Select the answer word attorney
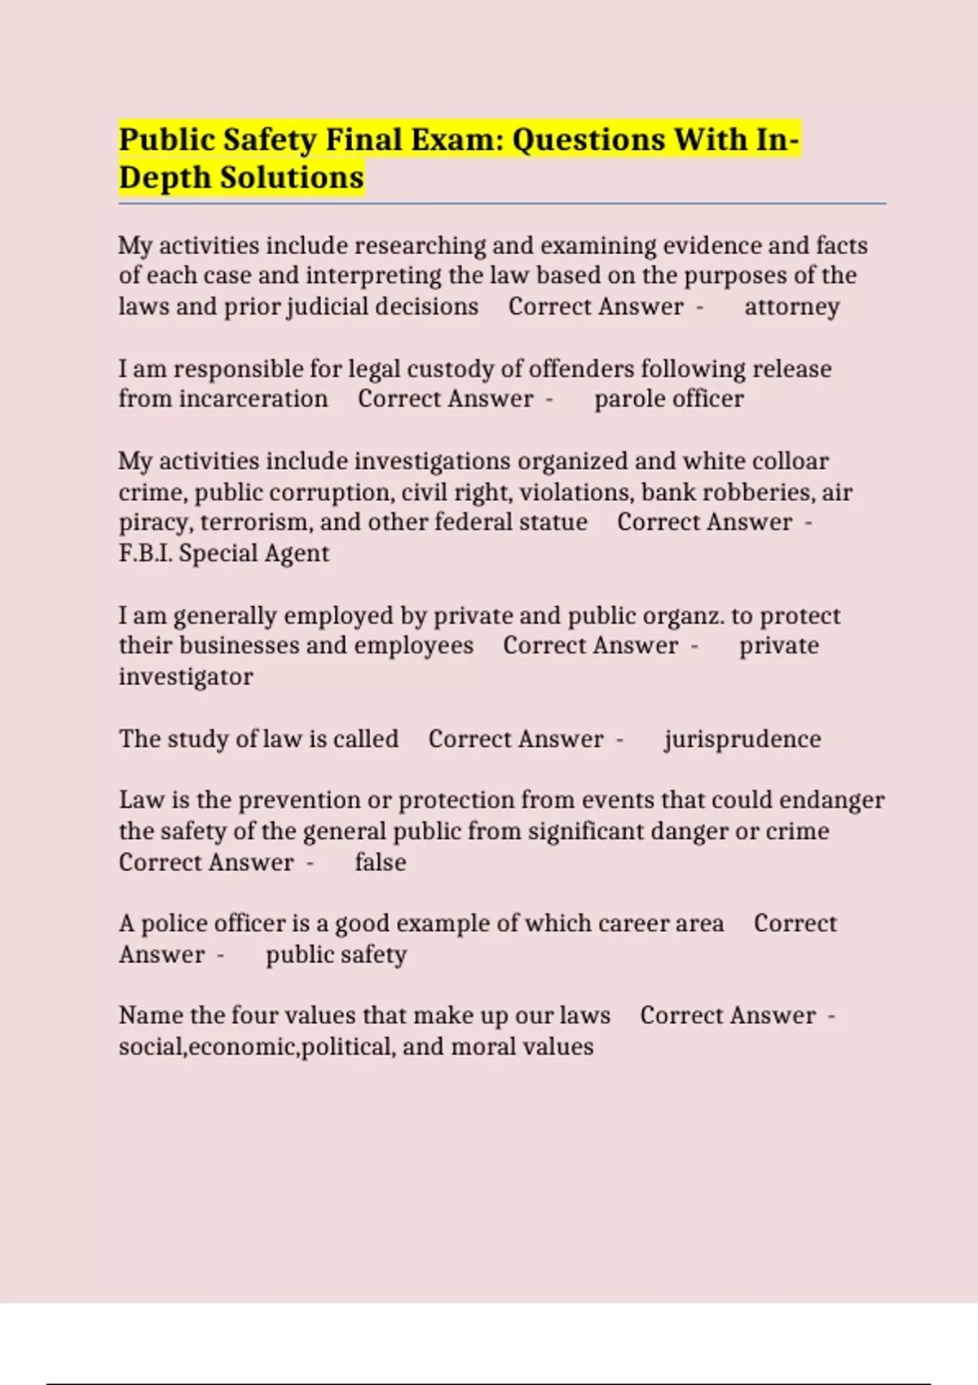click(x=791, y=307)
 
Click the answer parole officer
click(x=668, y=399)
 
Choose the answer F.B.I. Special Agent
click(x=224, y=553)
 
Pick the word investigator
click(x=186, y=677)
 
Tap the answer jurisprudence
click(x=742, y=739)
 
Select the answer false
click(x=380, y=862)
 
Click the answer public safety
click(x=336, y=955)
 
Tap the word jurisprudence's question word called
click(x=366, y=739)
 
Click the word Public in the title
click(x=166, y=140)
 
